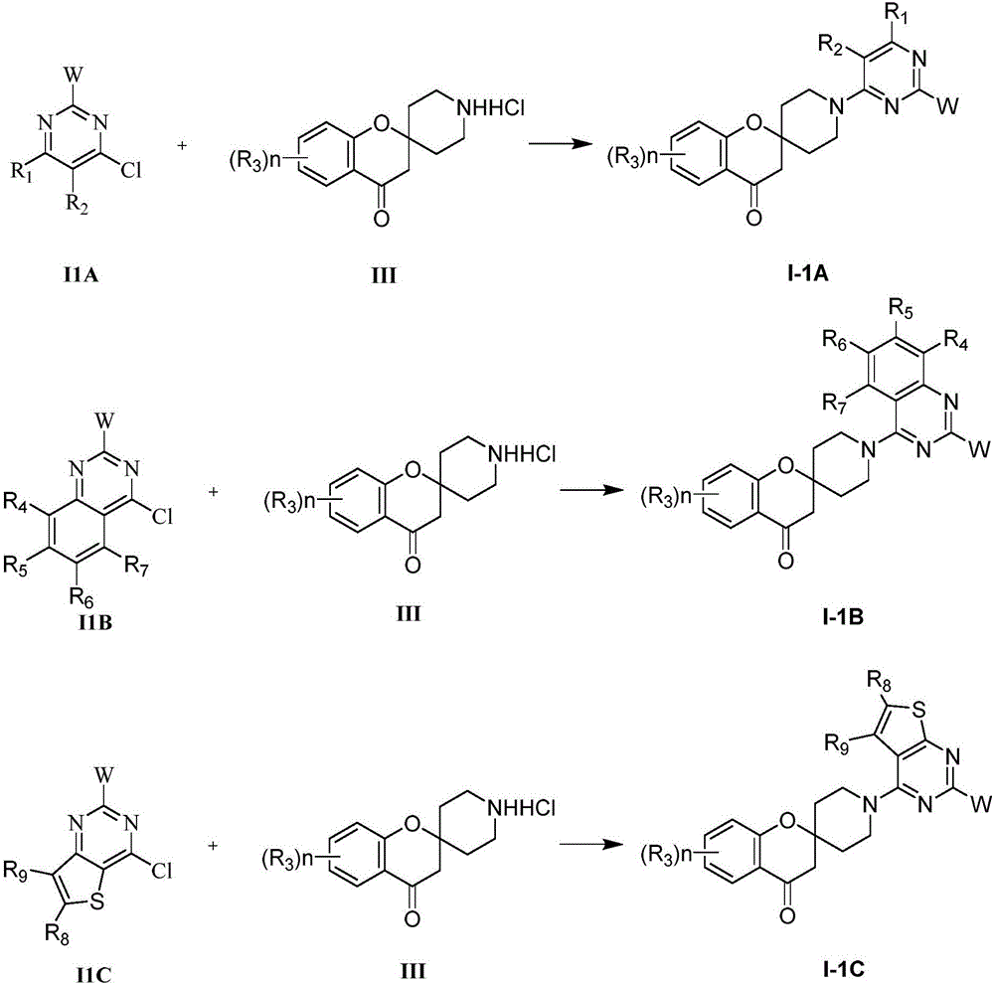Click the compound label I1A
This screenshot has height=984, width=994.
point(81,274)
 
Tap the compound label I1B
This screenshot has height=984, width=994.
point(93,622)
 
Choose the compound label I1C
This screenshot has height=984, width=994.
point(93,974)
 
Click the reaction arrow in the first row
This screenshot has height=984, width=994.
point(557,144)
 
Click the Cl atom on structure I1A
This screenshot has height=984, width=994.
point(131,170)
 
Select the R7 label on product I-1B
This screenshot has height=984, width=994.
point(835,403)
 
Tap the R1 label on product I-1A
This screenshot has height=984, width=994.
point(897,15)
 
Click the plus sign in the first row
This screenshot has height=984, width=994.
point(182,146)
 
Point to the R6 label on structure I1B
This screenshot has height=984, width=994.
point(82,597)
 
